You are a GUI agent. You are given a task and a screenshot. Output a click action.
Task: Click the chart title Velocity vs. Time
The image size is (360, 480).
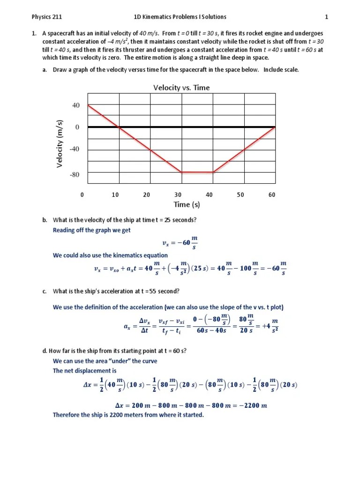coord(181,88)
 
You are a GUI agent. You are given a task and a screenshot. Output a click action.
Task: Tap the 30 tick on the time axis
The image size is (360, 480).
coord(178,195)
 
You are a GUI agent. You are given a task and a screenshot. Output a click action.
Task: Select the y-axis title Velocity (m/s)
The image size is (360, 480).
coord(60,143)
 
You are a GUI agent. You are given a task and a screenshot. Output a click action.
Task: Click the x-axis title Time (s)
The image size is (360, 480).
coord(187,204)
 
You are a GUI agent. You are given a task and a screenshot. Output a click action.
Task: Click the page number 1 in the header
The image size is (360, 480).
coord(327,17)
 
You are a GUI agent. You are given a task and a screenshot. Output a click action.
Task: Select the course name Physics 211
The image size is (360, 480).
coord(47,17)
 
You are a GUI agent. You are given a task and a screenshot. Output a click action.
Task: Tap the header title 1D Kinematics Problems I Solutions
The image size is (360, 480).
coord(180,17)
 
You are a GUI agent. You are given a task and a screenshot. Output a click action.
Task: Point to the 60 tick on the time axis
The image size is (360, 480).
coord(272,195)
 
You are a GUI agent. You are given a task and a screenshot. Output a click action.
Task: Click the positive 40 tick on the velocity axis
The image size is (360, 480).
coord(76,105)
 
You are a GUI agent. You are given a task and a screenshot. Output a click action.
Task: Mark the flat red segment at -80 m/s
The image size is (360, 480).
coord(197,172)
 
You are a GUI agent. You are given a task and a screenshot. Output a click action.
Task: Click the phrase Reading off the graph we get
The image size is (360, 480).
coord(92,230)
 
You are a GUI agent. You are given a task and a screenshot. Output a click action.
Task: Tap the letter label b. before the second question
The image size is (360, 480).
coord(45,220)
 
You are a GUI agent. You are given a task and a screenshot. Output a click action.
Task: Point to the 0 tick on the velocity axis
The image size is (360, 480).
coord(77,127)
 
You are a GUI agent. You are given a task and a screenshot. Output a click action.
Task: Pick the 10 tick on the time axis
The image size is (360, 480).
coord(115,195)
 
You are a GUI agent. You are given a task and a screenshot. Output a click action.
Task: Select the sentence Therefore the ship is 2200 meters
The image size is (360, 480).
coord(128,415)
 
